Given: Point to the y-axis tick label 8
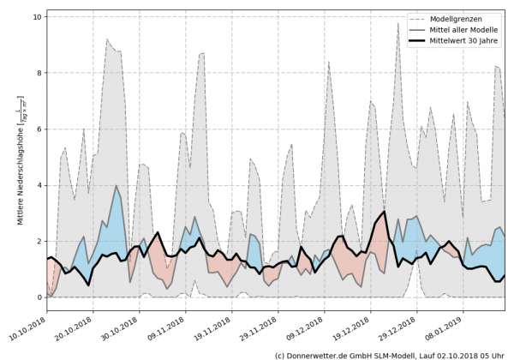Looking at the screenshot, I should tap(39, 73).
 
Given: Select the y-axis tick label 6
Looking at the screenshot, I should tap(39, 129).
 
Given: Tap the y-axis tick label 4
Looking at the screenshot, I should tap(39, 185).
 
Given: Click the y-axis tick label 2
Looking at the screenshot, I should tap(39, 242).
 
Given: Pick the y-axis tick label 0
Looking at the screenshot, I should tap(39, 297).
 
